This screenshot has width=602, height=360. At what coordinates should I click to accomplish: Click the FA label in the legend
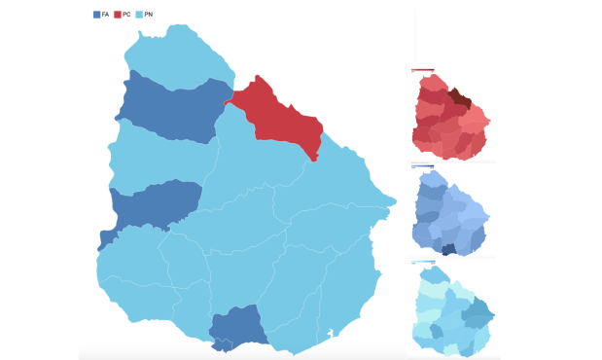(x=105, y=14)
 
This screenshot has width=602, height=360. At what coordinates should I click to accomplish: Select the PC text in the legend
(x=126, y=14)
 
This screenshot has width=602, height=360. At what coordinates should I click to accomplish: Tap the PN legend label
(x=148, y=14)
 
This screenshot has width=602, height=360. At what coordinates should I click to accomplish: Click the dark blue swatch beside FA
(x=96, y=14)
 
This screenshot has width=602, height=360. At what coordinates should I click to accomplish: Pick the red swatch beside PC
(x=118, y=14)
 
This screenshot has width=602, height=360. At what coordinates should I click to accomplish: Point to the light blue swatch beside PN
(x=138, y=14)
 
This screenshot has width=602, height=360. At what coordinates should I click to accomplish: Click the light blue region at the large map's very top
(x=180, y=54)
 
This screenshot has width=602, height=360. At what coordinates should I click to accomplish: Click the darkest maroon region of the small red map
(x=462, y=100)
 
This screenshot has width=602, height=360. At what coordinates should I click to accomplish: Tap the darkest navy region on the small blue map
(x=448, y=250)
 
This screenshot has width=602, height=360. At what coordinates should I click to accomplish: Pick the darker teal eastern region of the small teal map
(x=477, y=311)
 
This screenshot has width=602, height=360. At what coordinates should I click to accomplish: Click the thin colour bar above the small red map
(x=422, y=70)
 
